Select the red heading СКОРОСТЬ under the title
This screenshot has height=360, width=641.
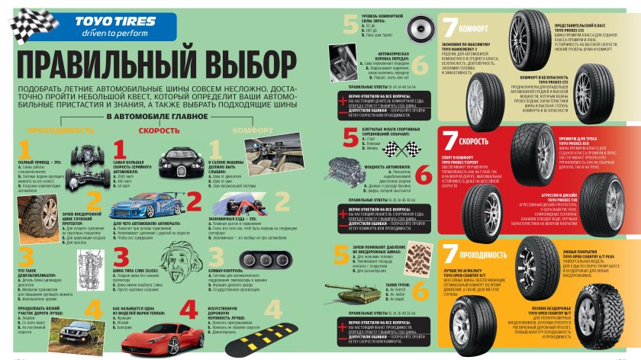click(x=159, y=130)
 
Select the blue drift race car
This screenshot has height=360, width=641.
click(x=144, y=206)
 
